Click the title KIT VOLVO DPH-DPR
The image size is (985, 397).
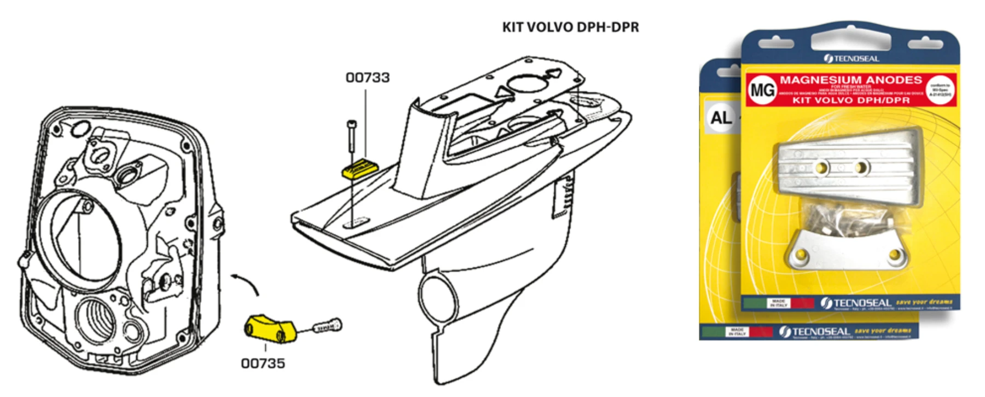pos(570,27)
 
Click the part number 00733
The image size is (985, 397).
pos(367,78)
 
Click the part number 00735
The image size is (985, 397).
pos(263,363)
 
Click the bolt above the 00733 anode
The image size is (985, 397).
pos(351,137)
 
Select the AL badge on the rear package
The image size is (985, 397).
pos(721,117)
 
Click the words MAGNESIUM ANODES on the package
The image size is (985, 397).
pos(850,80)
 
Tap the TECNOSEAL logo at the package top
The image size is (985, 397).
pos(851,58)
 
